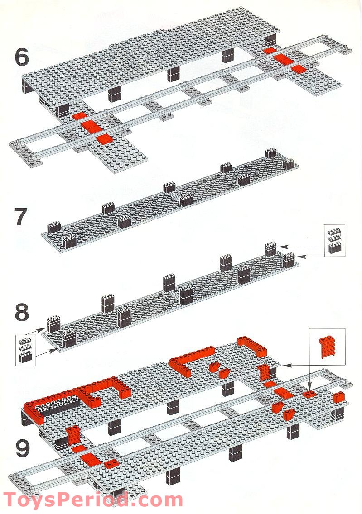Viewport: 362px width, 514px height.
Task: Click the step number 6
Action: click(x=22, y=57)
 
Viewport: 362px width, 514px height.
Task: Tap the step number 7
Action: click(x=21, y=217)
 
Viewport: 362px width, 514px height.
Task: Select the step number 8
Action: click(x=21, y=312)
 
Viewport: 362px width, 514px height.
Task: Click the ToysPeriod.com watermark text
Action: click(x=92, y=500)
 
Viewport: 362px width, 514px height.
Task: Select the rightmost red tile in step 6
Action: click(x=299, y=69)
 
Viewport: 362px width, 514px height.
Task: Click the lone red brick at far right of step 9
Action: click(x=338, y=397)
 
